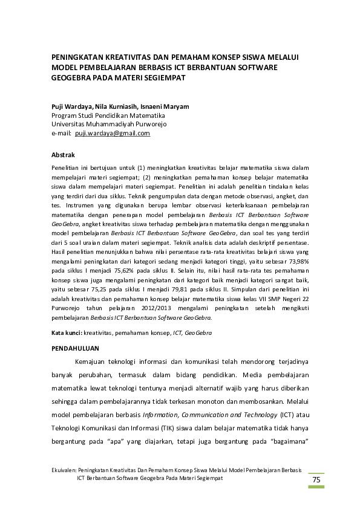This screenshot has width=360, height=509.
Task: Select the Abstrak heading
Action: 63,155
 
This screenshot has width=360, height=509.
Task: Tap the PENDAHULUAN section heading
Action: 75,349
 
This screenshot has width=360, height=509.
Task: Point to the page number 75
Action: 316,480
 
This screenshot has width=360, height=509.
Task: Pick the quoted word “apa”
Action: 114,442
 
